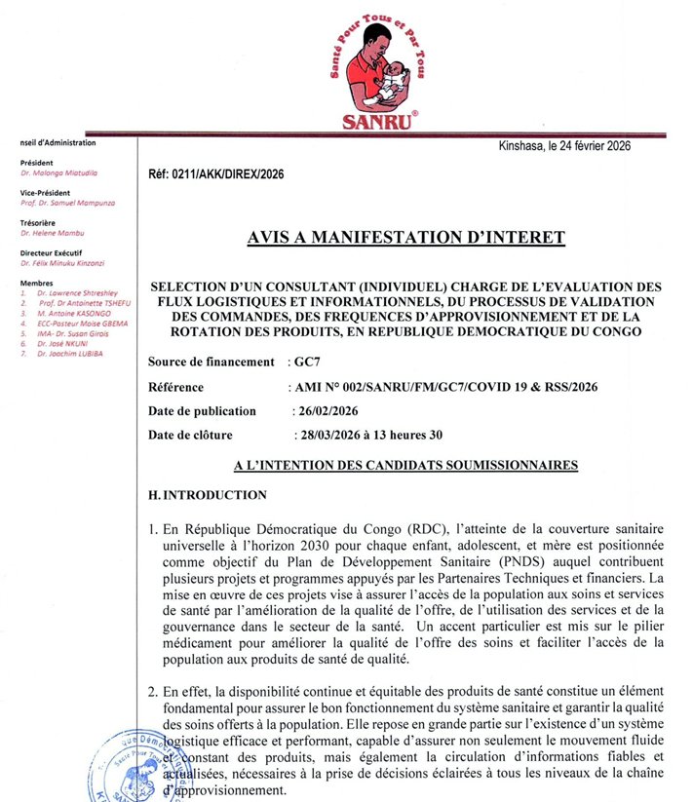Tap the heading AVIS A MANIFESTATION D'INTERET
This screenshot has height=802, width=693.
(405, 237)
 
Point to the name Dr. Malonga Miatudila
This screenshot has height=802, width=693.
(58, 172)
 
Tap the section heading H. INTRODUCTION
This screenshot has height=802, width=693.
(207, 495)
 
